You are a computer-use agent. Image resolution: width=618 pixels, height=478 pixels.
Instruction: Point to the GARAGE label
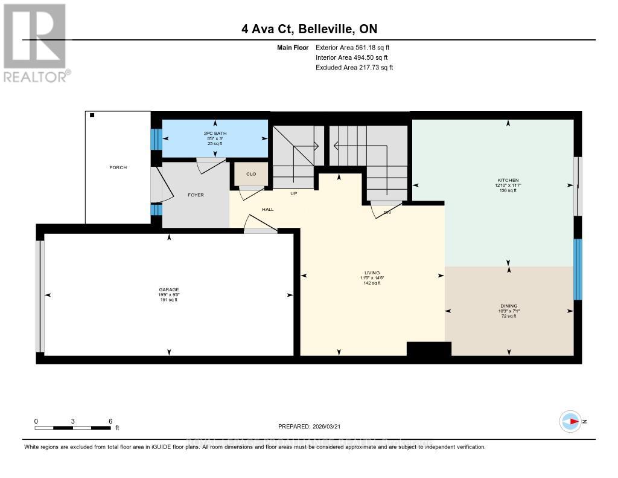click(168, 289)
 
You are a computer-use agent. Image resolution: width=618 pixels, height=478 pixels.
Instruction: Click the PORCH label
click(118, 167)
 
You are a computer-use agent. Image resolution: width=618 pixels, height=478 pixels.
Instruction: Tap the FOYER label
click(196, 195)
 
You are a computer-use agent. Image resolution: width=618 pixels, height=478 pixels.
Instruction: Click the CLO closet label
click(250, 174)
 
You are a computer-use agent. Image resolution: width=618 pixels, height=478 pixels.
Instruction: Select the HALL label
click(267, 209)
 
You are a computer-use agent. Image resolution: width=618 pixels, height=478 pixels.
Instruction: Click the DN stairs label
click(387, 212)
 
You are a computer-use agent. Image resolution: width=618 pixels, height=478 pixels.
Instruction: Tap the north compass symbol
click(571, 421)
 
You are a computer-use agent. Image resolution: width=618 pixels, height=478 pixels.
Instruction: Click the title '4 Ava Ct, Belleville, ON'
click(308, 29)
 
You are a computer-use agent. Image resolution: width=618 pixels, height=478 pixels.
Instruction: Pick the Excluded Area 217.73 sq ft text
click(354, 68)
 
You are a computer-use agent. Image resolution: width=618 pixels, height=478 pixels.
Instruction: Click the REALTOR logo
click(36, 42)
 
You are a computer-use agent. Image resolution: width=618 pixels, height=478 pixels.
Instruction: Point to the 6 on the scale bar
click(110, 421)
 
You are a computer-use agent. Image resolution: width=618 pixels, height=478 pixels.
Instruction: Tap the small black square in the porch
click(92, 115)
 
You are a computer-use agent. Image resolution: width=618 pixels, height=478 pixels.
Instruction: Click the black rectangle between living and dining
click(428, 350)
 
